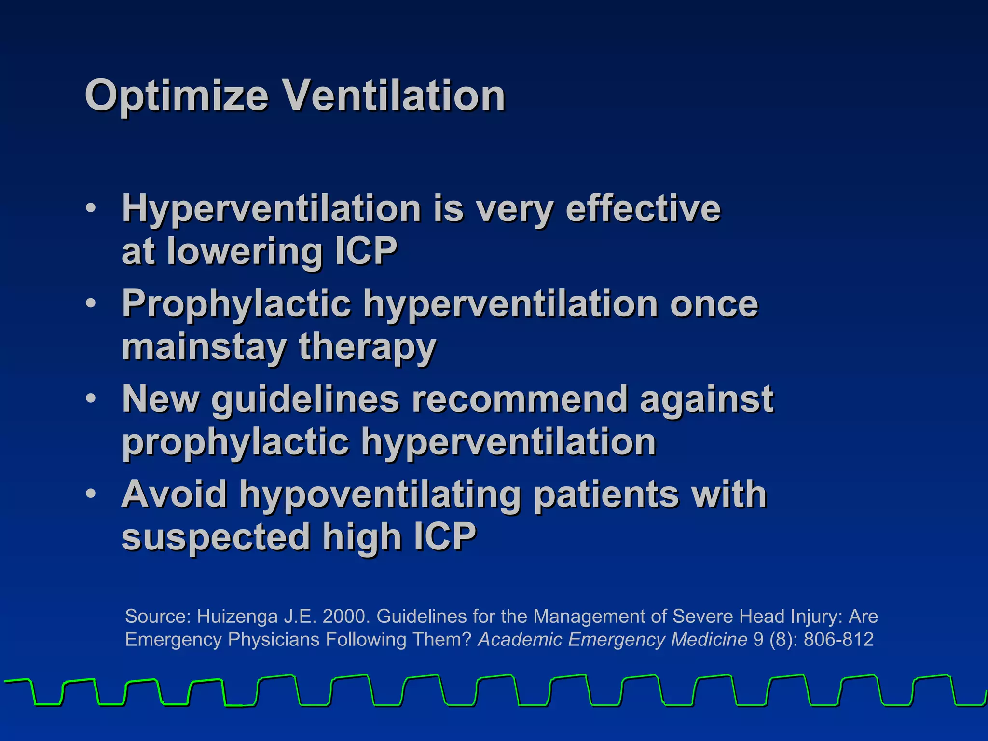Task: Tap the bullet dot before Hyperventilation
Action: tap(91, 209)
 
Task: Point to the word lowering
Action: tap(244, 251)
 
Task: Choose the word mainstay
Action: tap(204, 347)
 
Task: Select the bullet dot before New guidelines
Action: tap(91, 399)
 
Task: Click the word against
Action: tap(706, 399)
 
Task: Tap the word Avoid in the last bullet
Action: tap(174, 494)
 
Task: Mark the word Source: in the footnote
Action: tap(158, 617)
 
